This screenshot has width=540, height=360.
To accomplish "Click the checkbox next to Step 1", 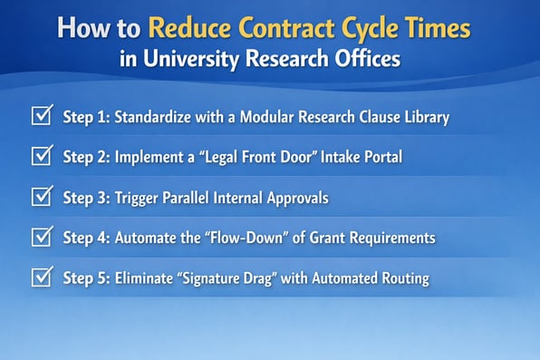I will pyautogui.click(x=41, y=116).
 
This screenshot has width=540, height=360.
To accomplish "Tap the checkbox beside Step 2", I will pyautogui.click(x=41, y=156).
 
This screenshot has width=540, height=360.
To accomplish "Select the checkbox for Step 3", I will pyautogui.click(x=41, y=196).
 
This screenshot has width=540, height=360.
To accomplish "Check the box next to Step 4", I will pyautogui.click(x=41, y=237).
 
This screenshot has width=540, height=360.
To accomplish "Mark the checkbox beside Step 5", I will pyautogui.click(x=41, y=277).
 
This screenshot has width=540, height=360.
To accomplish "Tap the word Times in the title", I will pyautogui.click(x=437, y=27).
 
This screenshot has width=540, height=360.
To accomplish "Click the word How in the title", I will pyautogui.click(x=82, y=27).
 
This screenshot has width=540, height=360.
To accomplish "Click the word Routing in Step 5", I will pyautogui.click(x=402, y=277).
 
